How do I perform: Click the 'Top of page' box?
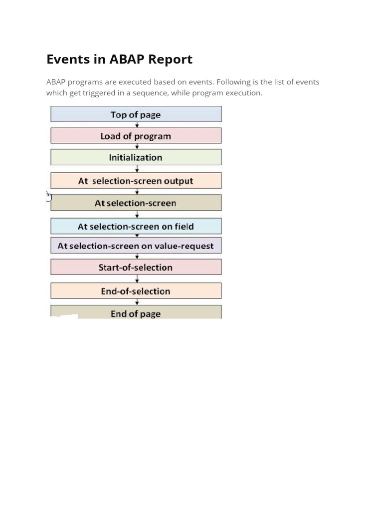point(136,114)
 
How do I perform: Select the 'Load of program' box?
point(136,136)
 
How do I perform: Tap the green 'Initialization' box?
point(136,157)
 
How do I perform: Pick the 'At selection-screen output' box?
point(136,181)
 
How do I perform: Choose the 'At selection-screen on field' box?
point(136,226)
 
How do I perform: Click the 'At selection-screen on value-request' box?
point(136,246)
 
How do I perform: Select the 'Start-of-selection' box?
point(136,267)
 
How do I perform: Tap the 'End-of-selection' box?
point(136,291)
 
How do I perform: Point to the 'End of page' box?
point(136,313)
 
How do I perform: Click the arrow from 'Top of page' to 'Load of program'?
point(137,125)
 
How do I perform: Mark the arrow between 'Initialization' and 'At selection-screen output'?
point(137,169)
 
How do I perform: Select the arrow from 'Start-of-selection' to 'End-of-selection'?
point(137,279)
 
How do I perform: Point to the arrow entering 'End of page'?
point(137,302)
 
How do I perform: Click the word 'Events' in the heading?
point(63,59)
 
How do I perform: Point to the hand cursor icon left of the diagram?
point(49,196)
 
